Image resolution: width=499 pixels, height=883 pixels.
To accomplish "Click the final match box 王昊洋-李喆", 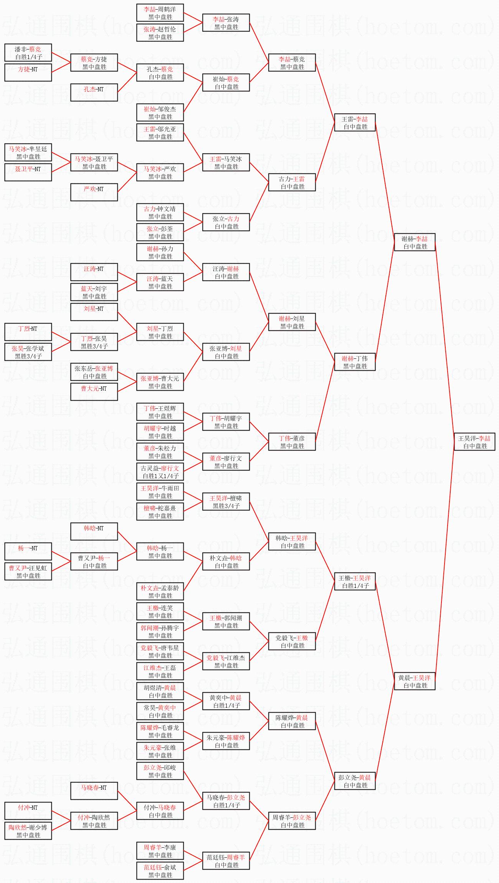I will [x=474, y=442].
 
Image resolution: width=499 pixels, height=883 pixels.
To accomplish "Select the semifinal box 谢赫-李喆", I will [x=415, y=242].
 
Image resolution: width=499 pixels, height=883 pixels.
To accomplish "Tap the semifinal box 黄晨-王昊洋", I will [x=415, y=681].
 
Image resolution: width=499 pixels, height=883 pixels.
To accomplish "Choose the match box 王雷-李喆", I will [x=355, y=122].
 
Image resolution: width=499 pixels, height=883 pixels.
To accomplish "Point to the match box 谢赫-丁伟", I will [x=355, y=362].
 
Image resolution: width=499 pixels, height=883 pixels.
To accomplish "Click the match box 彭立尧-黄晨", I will [x=355, y=781].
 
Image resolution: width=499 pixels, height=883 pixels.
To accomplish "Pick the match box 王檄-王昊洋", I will [x=355, y=581].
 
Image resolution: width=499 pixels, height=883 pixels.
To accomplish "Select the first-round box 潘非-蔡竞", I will [x=28, y=53].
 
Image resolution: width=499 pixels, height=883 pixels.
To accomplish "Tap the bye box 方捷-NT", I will [x=28, y=73].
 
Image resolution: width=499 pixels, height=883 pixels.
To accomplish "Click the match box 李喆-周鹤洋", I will [x=160, y=13].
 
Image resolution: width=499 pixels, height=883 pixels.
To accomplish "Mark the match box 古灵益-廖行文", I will [x=160, y=472].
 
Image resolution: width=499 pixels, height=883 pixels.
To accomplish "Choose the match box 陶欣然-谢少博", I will [x=28, y=831].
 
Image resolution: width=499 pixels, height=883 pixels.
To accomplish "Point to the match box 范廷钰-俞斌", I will [x=160, y=871].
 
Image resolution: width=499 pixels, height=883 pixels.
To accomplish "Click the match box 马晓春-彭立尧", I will [x=226, y=801].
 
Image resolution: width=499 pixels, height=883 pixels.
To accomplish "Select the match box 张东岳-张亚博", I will [x=94, y=372].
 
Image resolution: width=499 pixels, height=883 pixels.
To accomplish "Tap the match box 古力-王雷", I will [x=292, y=182].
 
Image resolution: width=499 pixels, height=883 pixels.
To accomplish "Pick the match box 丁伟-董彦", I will [x=292, y=442].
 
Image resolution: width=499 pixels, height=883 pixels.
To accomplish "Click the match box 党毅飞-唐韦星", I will [x=160, y=651].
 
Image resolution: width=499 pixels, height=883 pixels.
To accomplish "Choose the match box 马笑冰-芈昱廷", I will [x=28, y=152].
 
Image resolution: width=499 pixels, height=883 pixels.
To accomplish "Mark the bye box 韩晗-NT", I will [x=94, y=531].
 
